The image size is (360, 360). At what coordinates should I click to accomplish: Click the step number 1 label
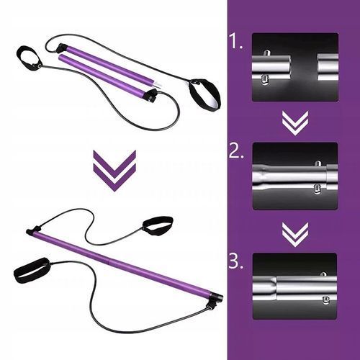pos(236,41)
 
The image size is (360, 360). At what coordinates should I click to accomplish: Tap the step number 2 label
pos(236,150)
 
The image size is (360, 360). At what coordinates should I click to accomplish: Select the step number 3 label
pos(236,261)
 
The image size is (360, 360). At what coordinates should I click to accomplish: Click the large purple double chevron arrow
pos(114,171)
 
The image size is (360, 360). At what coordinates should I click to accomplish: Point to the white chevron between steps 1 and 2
pos(295,123)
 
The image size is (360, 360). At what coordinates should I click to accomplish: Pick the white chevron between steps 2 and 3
pos(295,235)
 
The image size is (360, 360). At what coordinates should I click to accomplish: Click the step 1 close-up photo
pos(295,67)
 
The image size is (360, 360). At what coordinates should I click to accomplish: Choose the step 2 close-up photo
pos(295,176)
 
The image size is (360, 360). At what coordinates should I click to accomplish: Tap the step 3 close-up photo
pos(295,286)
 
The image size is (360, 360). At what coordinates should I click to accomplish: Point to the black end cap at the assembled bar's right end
pos(217,298)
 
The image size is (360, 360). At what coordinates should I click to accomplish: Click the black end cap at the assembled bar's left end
pos(30,232)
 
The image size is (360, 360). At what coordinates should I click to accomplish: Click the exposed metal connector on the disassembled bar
pos(156,85)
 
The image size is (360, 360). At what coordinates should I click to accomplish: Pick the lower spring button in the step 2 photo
pos(318,189)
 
